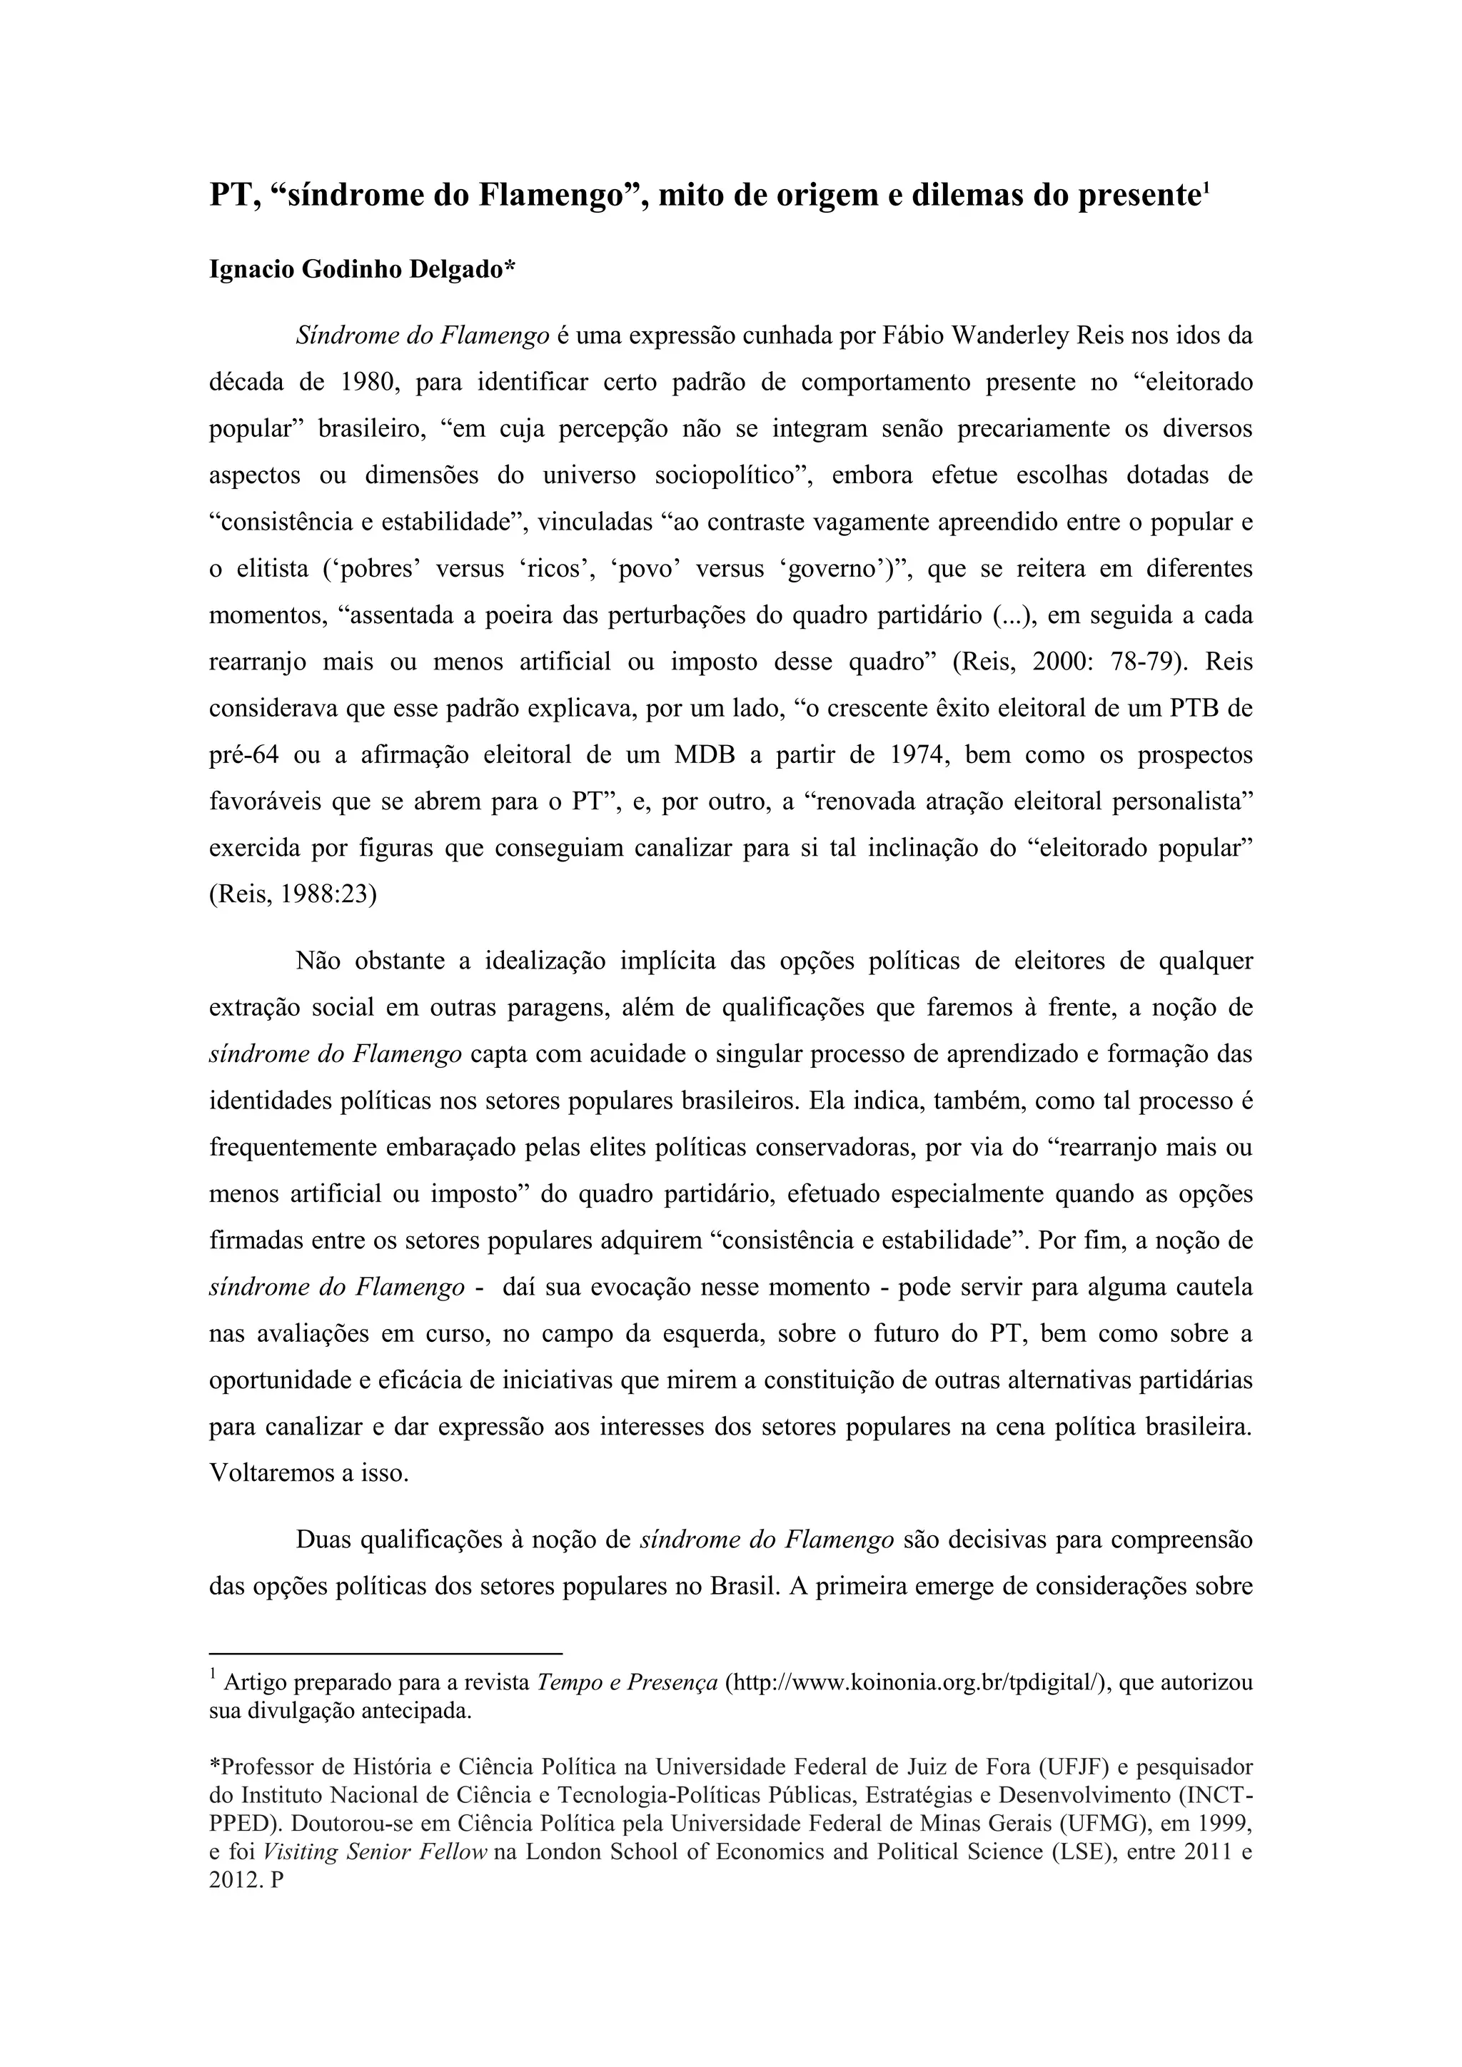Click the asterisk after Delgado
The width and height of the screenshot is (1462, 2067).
(510, 268)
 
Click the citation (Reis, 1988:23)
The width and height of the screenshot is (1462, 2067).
(293, 896)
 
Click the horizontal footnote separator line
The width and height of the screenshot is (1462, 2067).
(385, 1654)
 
